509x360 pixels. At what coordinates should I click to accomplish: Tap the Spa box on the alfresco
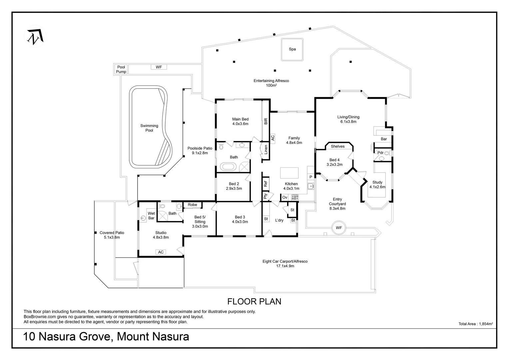click(292, 49)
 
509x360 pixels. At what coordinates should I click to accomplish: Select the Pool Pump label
click(121, 69)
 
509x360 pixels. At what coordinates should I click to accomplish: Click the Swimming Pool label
click(149, 128)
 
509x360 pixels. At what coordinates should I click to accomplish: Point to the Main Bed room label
click(240, 121)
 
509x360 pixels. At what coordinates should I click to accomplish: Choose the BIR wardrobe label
click(266, 121)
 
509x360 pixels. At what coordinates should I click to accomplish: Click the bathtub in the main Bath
click(229, 167)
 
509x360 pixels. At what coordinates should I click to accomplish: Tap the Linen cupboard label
click(266, 149)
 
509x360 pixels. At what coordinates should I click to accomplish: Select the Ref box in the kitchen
click(265, 183)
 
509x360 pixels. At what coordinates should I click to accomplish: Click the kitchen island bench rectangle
click(289, 173)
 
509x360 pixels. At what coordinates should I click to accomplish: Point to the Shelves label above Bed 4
click(338, 146)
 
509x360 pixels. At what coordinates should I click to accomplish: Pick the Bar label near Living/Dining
click(384, 139)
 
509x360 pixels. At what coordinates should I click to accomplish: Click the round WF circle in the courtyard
click(339, 228)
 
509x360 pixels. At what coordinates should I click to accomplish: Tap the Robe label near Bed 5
click(193, 205)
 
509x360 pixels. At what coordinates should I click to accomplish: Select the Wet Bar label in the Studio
click(151, 216)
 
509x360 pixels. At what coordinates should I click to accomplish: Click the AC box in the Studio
click(161, 252)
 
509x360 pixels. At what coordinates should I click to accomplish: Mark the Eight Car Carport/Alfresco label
click(285, 264)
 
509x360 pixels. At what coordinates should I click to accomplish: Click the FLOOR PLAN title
click(254, 302)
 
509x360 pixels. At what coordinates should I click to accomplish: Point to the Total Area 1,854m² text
click(475, 324)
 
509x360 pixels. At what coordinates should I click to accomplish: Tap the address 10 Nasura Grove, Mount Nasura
click(106, 336)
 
